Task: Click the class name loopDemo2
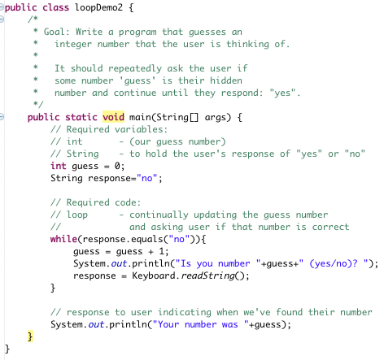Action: [x=98, y=7]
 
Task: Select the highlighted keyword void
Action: [x=113, y=117]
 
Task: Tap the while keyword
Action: [x=63, y=239]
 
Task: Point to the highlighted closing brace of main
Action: [x=30, y=336]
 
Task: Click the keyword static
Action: [x=81, y=117]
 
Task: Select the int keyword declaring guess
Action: [x=59, y=166]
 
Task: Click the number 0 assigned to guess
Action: [x=117, y=166]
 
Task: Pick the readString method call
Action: [x=207, y=275]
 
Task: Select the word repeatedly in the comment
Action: [x=135, y=68]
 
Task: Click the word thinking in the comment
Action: [x=247, y=44]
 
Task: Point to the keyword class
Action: [x=55, y=7]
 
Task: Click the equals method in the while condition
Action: [x=147, y=239]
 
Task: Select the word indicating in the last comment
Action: [x=185, y=312]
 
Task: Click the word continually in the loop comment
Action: [x=159, y=215]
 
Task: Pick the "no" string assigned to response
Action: [x=147, y=178]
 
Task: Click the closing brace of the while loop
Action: [x=53, y=288]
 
